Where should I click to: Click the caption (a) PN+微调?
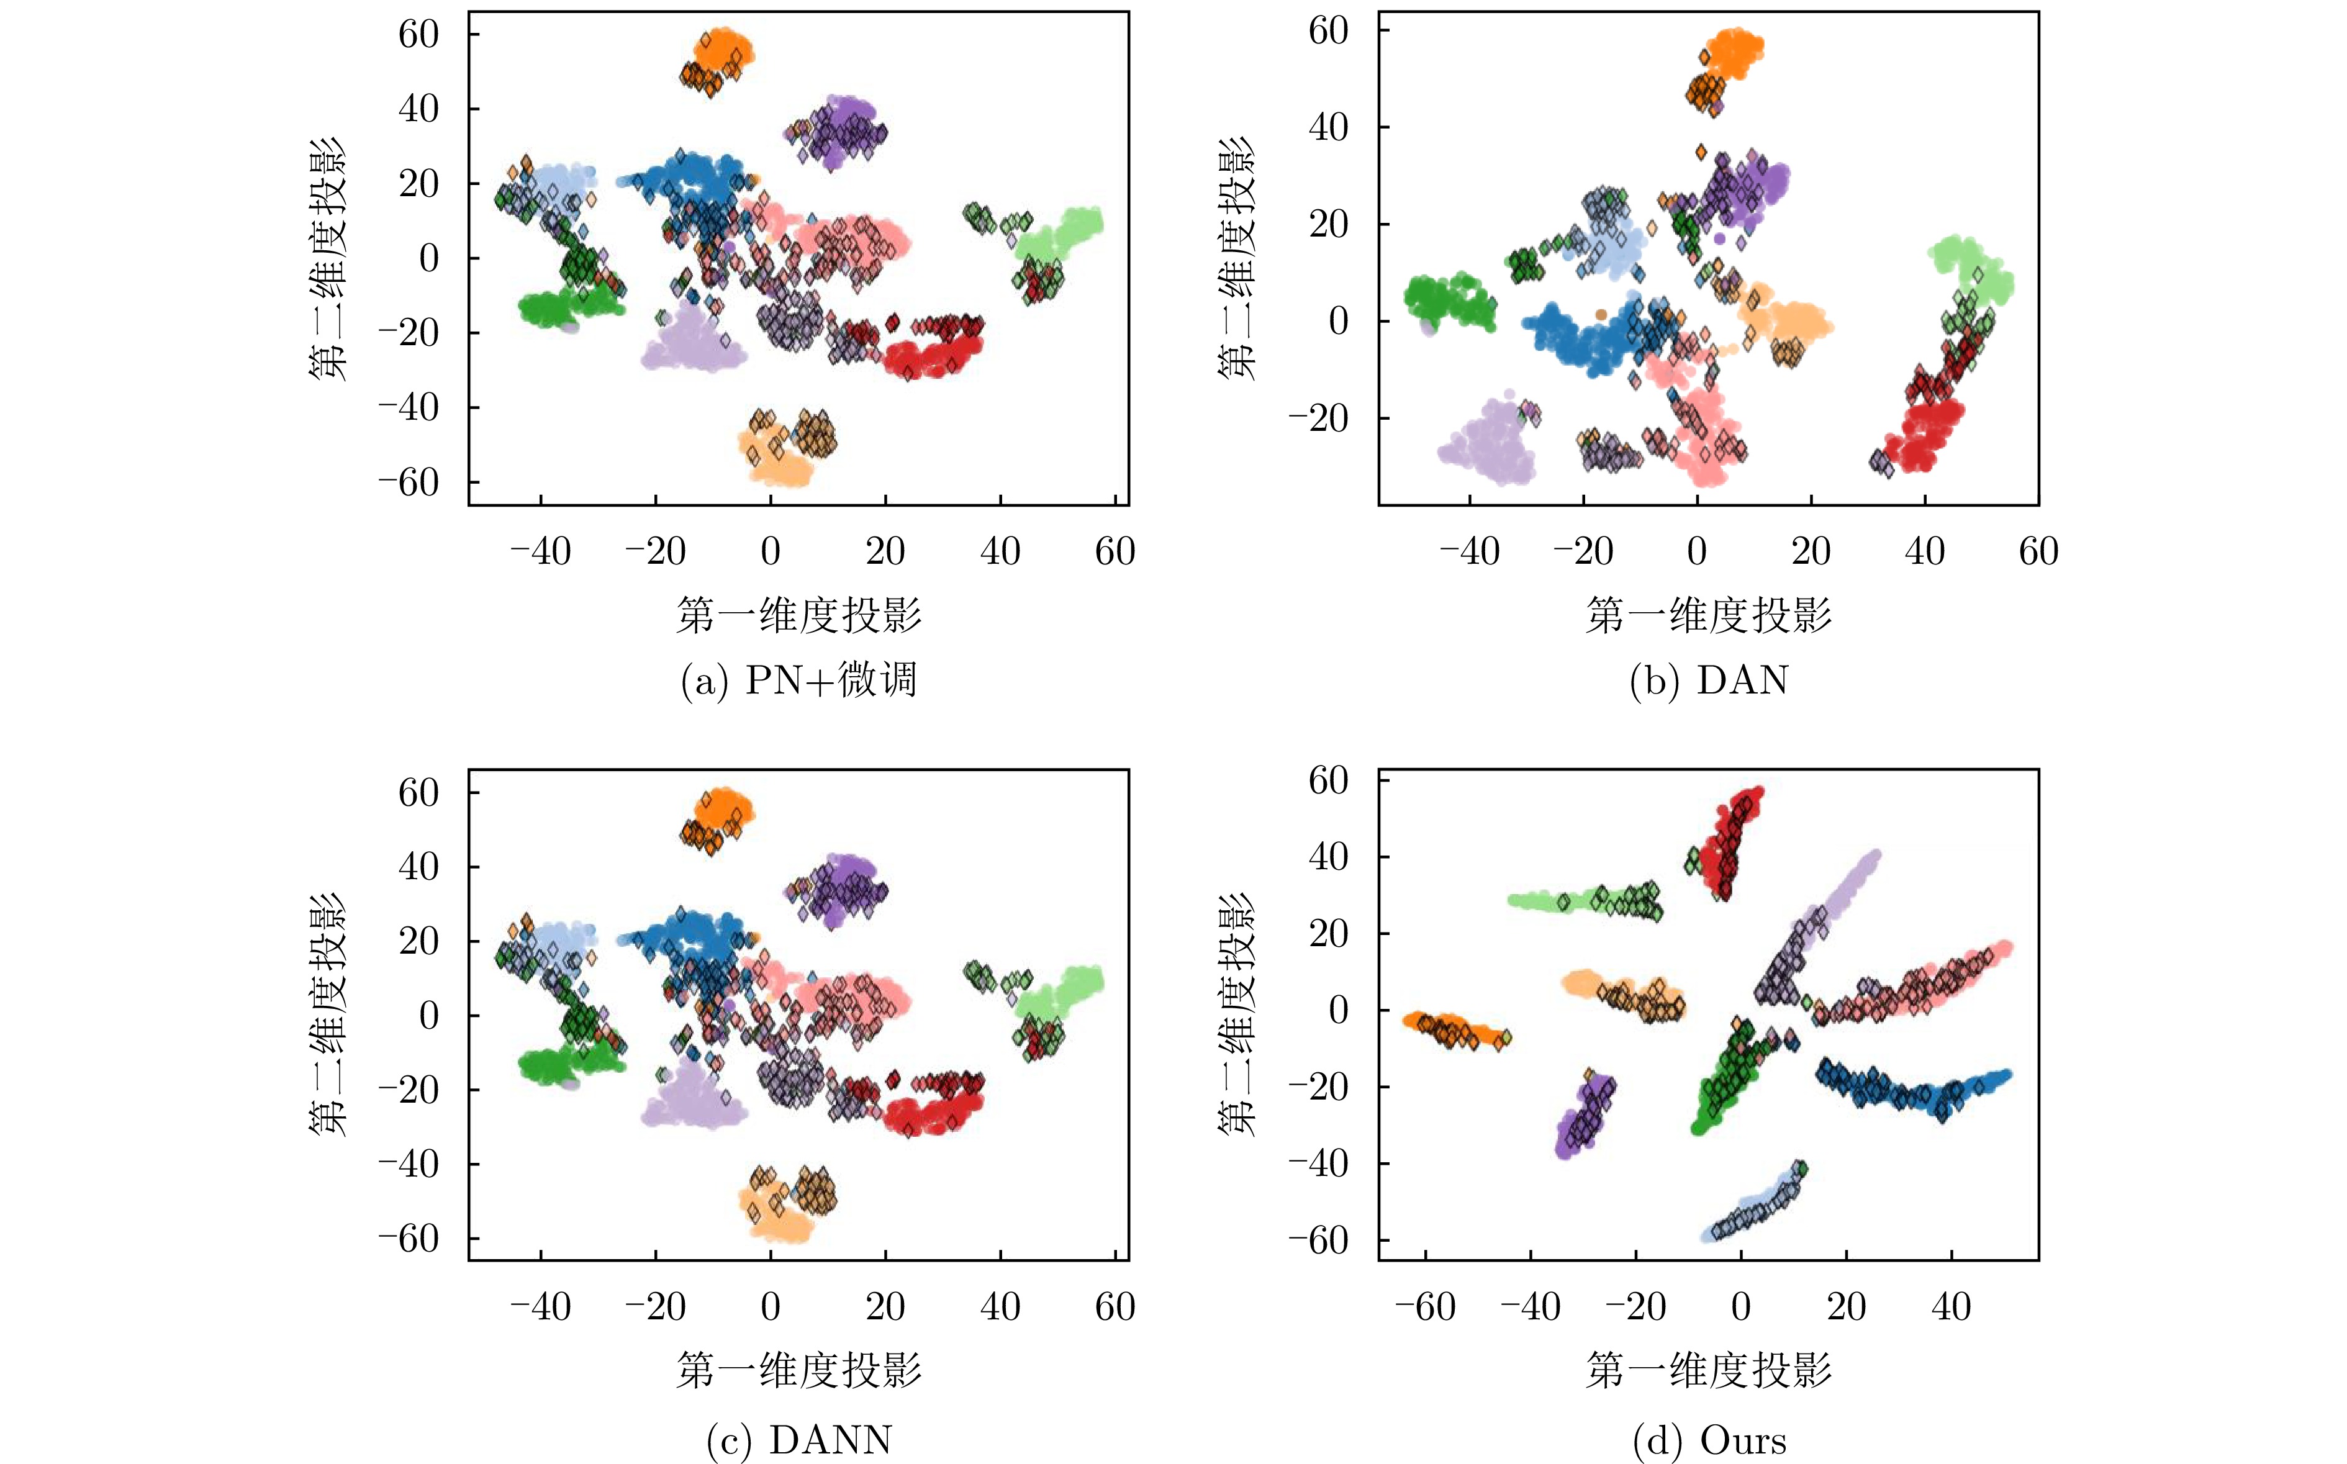799,680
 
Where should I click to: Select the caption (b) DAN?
1709,680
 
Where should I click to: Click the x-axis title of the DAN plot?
1709,615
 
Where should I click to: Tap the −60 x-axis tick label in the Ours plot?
1425,1307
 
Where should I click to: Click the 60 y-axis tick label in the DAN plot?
1329,31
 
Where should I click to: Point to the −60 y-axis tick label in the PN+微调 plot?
408,482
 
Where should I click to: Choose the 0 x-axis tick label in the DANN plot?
770,1307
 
